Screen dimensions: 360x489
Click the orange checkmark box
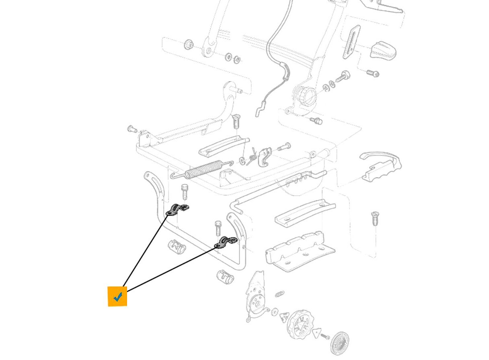pyautogui.click(x=117, y=297)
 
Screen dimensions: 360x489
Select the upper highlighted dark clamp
pyautogui.click(x=177, y=209)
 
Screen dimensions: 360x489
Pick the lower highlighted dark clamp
pyautogui.click(x=226, y=242)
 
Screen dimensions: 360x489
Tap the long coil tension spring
pyautogui.click(x=203, y=168)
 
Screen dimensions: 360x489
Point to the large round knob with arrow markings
pyautogui.click(x=300, y=324)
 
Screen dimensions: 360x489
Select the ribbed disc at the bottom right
pyautogui.click(x=339, y=343)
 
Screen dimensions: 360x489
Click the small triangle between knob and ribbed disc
pyautogui.click(x=317, y=333)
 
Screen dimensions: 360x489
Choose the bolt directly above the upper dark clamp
pyautogui.click(x=185, y=191)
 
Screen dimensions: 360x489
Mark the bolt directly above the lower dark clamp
pyautogui.click(x=218, y=228)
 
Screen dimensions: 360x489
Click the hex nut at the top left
pyautogui.click(x=188, y=44)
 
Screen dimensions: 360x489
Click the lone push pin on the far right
pyautogui.click(x=374, y=218)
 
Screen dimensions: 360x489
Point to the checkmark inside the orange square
pyautogui.click(x=118, y=297)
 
